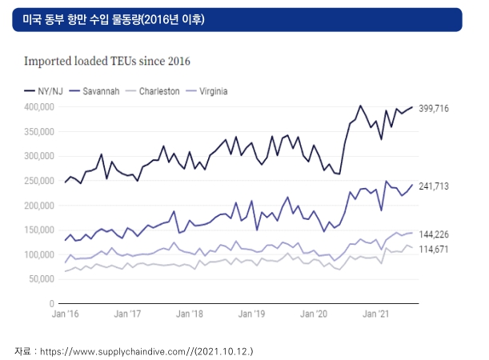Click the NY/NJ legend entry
pyautogui.click(x=44, y=91)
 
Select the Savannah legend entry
pyautogui.click(x=94, y=91)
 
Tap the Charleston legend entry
pyautogui.click(x=153, y=91)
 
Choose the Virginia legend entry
pyautogui.click(x=206, y=91)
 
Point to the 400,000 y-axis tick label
pyautogui.click(x=39, y=107)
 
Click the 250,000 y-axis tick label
pyautogui.click(x=39, y=181)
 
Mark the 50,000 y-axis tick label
pyautogui.click(x=42, y=279)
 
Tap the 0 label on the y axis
pyautogui.click(x=51, y=303)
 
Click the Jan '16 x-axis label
pyautogui.click(x=65, y=314)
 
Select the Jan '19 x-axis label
pyautogui.click(x=251, y=314)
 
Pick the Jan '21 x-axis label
pyautogui.click(x=376, y=314)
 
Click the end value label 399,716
pyautogui.click(x=434, y=109)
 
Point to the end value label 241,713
pyautogui.click(x=434, y=186)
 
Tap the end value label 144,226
pyautogui.click(x=434, y=234)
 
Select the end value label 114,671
pyautogui.click(x=434, y=250)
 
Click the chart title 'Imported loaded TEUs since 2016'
pyautogui.click(x=107, y=61)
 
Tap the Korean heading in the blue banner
pyautogui.click(x=114, y=20)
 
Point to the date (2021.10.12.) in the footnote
pyautogui.click(x=224, y=351)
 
